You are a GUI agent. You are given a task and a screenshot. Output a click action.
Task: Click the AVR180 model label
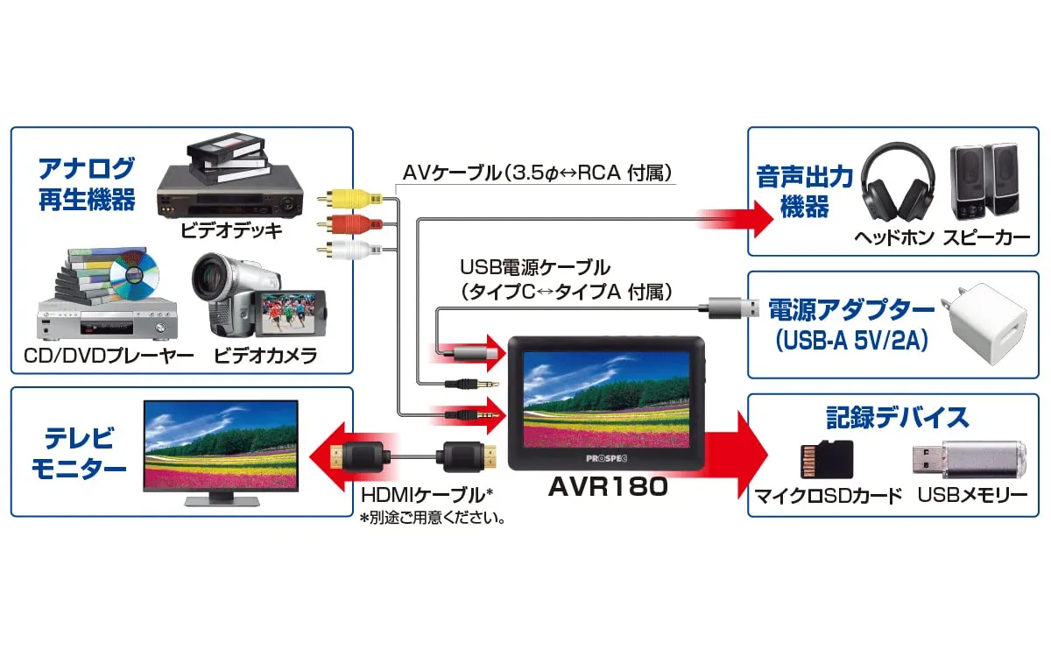608,488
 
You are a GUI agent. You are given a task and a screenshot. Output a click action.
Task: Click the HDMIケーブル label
428,495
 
